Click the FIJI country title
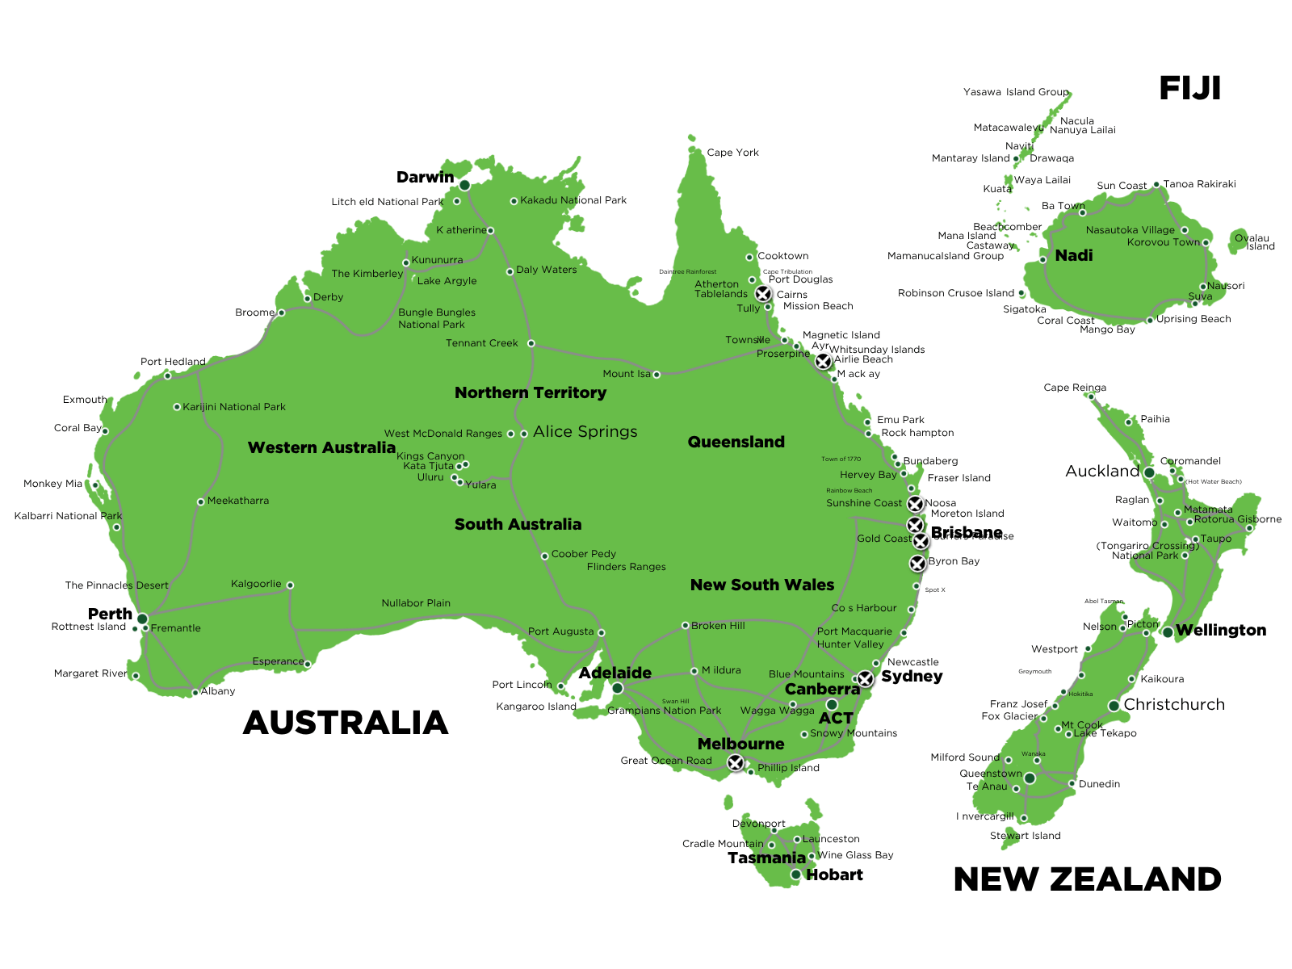click(1189, 89)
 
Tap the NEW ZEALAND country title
click(1087, 879)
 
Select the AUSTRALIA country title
click(346, 723)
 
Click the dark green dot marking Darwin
click(464, 185)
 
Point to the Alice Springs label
click(585, 432)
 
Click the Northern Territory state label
click(530, 393)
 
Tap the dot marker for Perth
click(142, 619)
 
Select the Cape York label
click(732, 153)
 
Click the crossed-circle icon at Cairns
click(762, 293)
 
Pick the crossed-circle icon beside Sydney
click(865, 679)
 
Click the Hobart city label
click(834, 875)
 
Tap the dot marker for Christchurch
click(1114, 706)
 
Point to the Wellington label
click(1220, 631)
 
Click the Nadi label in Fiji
click(1073, 256)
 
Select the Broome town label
click(254, 313)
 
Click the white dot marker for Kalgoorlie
click(290, 585)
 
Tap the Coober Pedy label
click(583, 554)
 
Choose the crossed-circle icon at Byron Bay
click(917, 563)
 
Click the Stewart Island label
click(1025, 836)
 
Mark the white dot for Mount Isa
click(656, 375)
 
